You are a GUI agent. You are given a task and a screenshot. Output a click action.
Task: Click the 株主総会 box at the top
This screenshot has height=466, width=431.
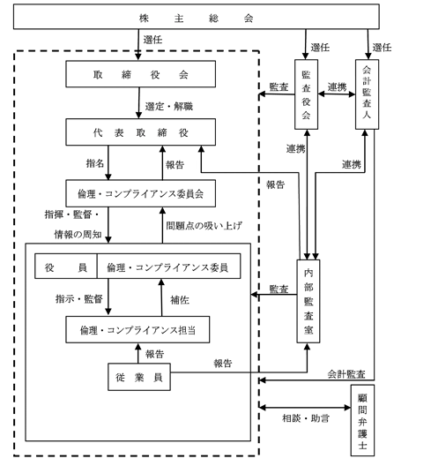pos(197,17)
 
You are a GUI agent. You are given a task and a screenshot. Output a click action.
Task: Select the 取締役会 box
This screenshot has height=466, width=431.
pos(141,74)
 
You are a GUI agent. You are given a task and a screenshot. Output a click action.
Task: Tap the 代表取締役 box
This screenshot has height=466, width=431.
pos(141,132)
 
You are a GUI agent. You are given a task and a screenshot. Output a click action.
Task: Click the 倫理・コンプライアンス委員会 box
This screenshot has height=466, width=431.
pos(141,193)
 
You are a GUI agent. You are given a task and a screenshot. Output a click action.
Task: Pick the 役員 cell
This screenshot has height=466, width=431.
pos(66,266)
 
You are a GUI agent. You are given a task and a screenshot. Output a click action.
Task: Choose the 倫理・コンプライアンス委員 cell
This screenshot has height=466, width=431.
pos(168,266)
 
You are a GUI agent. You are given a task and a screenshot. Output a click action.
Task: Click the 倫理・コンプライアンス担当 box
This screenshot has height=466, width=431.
pos(137,329)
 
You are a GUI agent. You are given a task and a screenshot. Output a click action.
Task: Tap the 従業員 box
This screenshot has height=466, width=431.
pos(139,377)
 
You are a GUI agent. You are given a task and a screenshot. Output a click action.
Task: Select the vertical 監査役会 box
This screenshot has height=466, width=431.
pos(307,94)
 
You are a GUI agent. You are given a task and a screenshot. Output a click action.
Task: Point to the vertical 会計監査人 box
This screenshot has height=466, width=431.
pos(368,94)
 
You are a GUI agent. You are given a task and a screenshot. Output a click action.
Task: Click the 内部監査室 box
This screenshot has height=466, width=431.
pos(308,301)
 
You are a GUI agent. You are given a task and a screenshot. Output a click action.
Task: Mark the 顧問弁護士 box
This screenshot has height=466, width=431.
pos(363,420)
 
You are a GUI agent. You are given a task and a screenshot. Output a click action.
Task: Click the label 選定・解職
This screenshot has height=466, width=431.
pos(169,106)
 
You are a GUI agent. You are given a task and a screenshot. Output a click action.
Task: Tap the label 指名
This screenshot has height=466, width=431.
pos(95,163)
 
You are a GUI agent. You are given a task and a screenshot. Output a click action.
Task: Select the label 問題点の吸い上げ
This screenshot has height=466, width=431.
pos(204,226)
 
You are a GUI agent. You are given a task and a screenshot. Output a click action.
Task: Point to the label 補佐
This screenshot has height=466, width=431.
pos(180,299)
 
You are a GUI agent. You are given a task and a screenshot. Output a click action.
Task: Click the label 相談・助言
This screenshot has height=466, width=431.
pos(306,418)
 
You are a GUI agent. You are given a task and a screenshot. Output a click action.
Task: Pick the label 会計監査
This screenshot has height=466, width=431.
pos(346,374)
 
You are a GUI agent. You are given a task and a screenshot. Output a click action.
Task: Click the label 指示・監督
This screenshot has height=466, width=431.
pos(79,298)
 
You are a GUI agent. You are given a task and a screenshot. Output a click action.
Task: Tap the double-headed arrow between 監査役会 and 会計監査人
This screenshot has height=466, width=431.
pos(337,94)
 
